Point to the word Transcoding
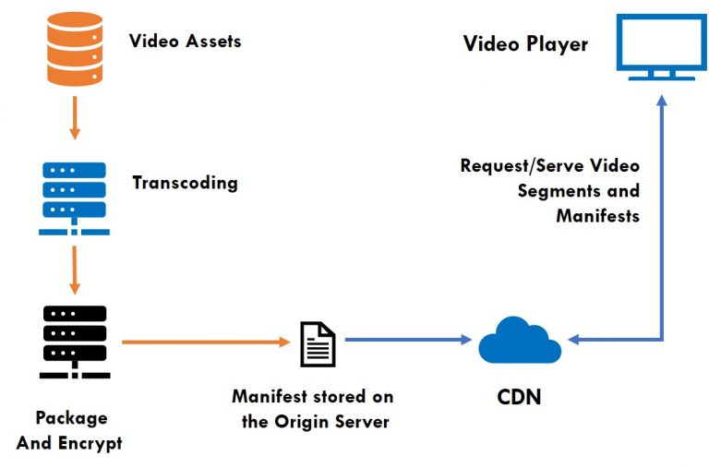coord(185,182)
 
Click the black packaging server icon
coord(75,342)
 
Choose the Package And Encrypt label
coord(70,430)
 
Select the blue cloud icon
coord(519,342)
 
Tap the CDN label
coord(519,398)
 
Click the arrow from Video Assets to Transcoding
coord(75,114)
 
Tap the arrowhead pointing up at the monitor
coord(661,99)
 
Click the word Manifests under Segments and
coord(597,216)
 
